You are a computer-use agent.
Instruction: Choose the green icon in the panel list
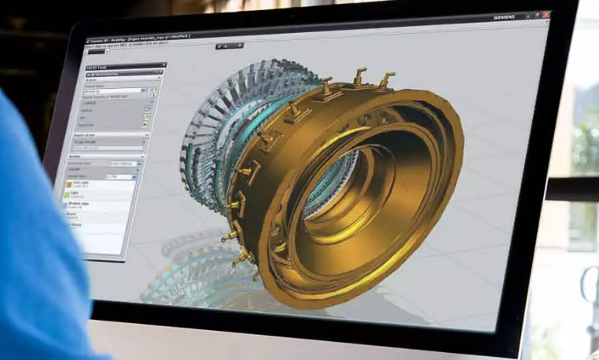[68, 194]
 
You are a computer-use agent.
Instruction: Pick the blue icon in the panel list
[68, 204]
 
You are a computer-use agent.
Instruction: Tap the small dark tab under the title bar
[96, 52]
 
